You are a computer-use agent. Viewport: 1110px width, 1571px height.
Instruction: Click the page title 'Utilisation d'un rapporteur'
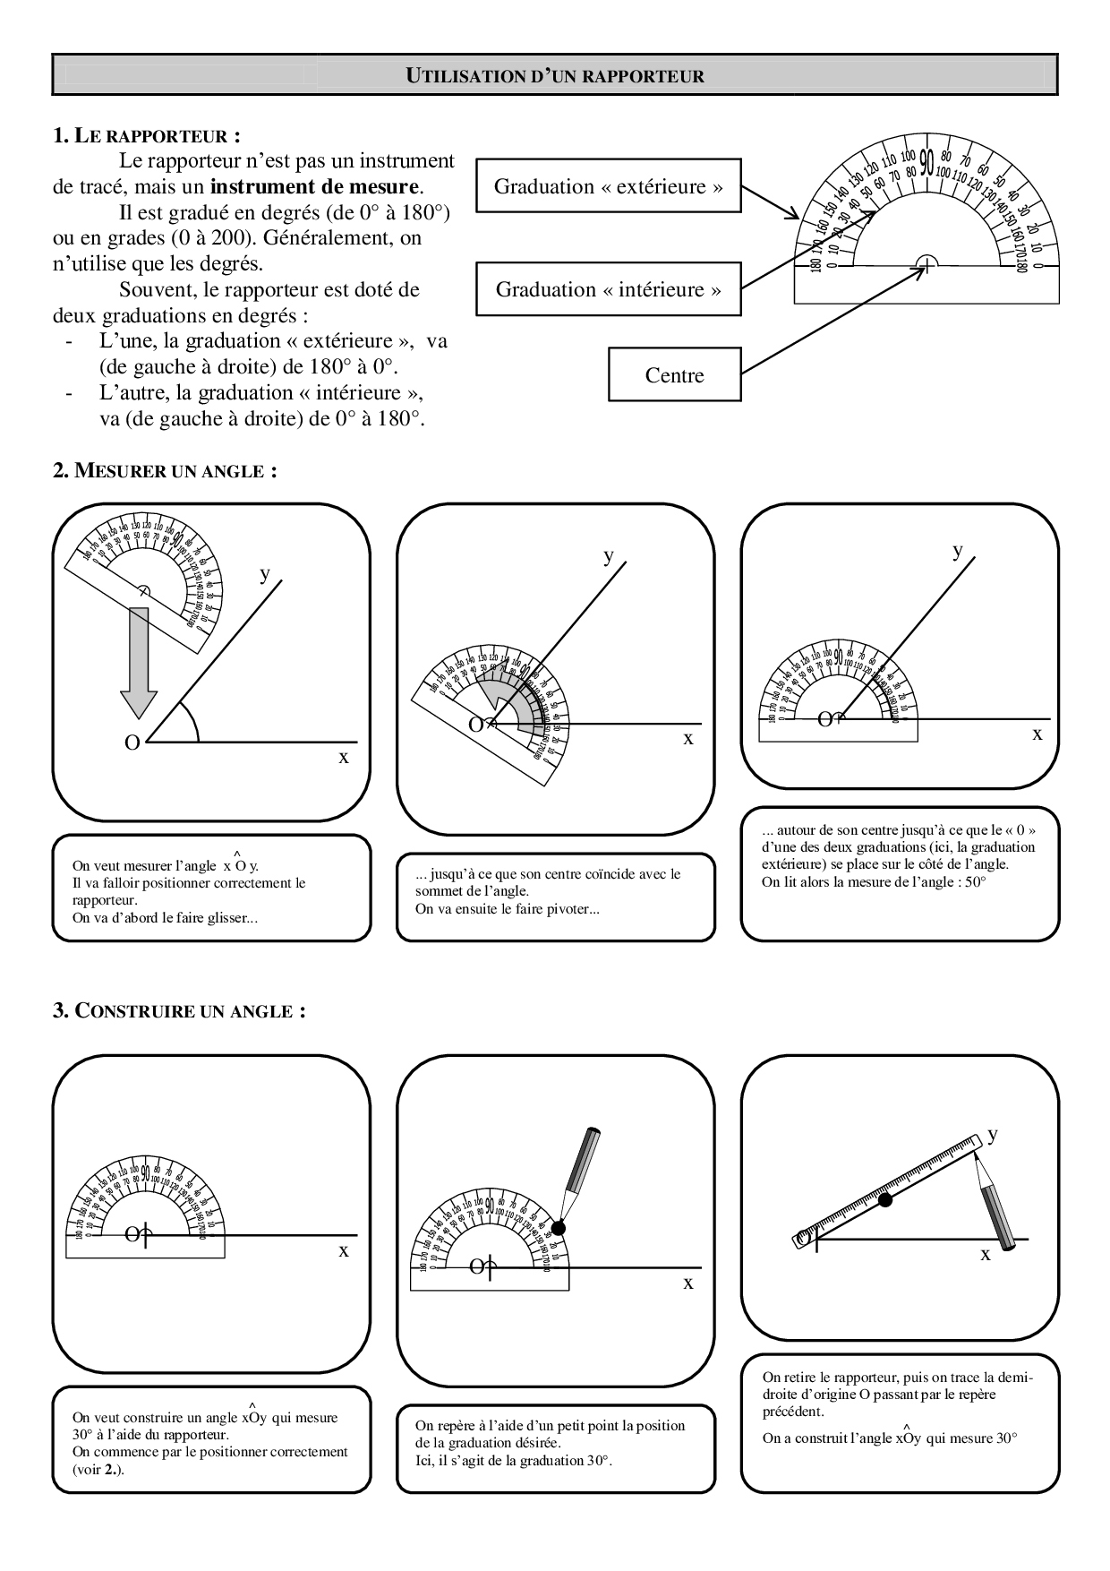tap(555, 76)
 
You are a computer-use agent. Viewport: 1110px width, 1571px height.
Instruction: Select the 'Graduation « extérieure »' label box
tap(608, 186)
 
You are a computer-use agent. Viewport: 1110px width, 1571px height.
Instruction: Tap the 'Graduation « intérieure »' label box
tap(608, 289)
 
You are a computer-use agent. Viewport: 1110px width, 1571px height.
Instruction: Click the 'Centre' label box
tap(674, 375)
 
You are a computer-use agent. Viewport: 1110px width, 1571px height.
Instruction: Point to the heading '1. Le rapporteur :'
tap(147, 136)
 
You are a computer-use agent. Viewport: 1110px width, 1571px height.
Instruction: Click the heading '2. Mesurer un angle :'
tap(165, 471)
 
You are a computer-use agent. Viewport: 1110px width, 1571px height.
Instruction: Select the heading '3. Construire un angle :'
tap(179, 1011)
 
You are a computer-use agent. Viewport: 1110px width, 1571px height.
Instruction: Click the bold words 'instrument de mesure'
tap(314, 187)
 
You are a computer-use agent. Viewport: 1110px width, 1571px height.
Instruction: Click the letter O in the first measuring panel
tap(132, 743)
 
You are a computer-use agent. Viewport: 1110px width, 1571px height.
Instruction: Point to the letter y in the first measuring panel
tap(264, 573)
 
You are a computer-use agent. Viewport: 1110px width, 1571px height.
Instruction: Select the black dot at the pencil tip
tap(559, 1226)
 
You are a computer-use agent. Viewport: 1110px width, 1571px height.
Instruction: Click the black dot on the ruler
tap(884, 1199)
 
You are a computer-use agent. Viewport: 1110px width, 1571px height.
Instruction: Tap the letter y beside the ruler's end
tap(992, 1134)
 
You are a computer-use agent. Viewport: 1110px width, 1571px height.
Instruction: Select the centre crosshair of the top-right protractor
tap(926, 265)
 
